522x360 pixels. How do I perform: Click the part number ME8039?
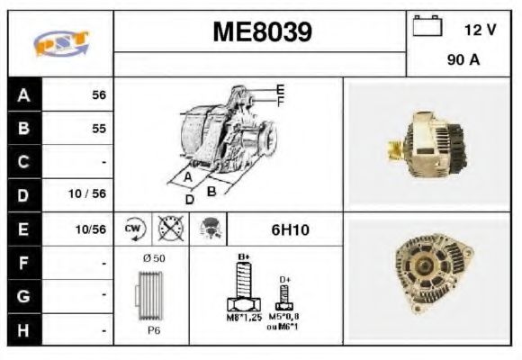click(262, 32)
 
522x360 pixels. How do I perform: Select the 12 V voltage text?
click(480, 30)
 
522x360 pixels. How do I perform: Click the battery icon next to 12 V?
click(425, 28)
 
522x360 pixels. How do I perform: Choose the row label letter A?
click(23, 94)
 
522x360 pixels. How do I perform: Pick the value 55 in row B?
click(99, 128)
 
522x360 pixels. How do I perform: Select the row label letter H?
click(23, 329)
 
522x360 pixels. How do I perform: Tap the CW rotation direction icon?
click(132, 229)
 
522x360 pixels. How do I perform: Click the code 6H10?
click(290, 229)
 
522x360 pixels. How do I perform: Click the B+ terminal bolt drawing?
click(240, 288)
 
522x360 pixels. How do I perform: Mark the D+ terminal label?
click(284, 279)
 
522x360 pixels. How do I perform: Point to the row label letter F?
click(23, 263)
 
